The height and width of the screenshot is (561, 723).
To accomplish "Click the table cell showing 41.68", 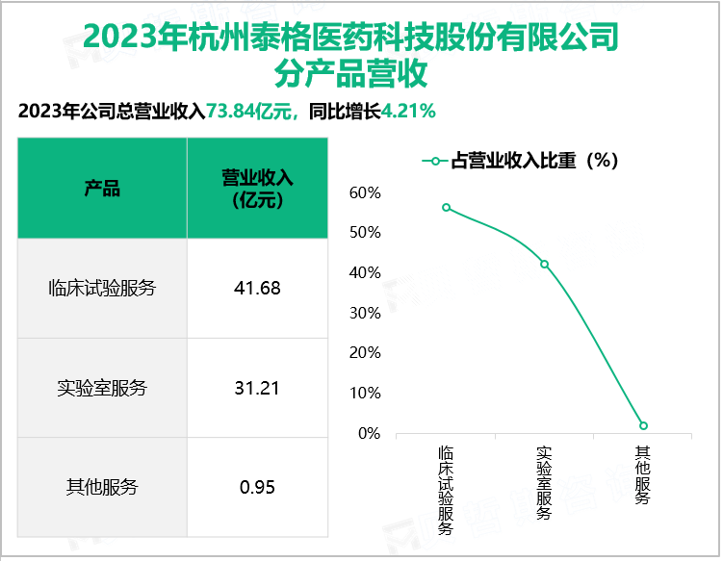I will (x=257, y=288).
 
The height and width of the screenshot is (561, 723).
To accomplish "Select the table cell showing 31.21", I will (x=257, y=388).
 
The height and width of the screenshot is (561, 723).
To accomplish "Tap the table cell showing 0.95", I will (x=257, y=487).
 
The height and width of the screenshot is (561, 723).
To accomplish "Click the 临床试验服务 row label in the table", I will (x=102, y=288).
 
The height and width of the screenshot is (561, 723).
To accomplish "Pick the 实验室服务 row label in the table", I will (x=102, y=388).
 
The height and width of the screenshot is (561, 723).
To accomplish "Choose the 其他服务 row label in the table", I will (x=102, y=487).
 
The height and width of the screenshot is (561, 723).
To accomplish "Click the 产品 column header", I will (x=102, y=188).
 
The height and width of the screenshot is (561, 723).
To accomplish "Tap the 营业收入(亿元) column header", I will (x=257, y=188).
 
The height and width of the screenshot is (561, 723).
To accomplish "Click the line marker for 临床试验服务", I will (x=446, y=208).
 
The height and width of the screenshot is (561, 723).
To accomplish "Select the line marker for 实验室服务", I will (x=544, y=264).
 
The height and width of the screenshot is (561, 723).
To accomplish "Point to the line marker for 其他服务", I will (x=643, y=425).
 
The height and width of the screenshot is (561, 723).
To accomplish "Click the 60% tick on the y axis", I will (x=366, y=193).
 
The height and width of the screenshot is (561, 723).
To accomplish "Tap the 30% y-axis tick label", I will (x=366, y=313).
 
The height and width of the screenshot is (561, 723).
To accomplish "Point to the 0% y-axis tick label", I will (x=369, y=433).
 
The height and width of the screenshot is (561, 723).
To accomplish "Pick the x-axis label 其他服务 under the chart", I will (x=643, y=474).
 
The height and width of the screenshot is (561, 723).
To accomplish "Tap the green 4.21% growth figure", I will (x=409, y=111).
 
